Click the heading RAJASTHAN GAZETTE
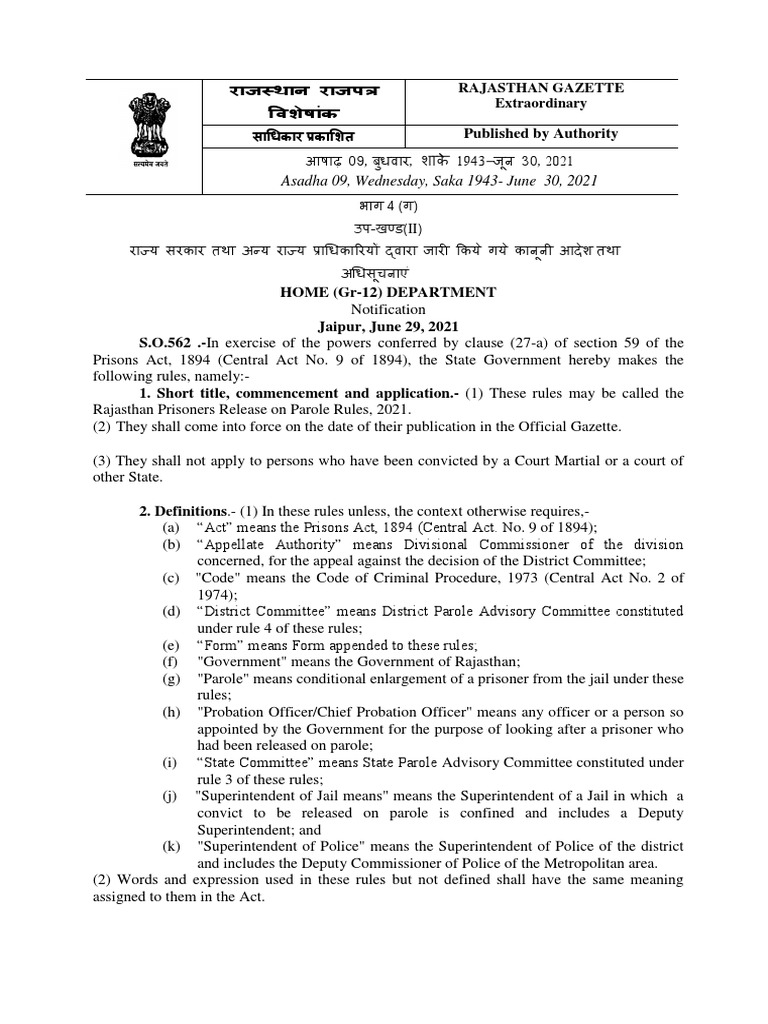540,88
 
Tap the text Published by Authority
540,134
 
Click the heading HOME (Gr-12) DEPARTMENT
384,292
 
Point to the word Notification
385,309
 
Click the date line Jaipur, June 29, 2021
385,326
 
